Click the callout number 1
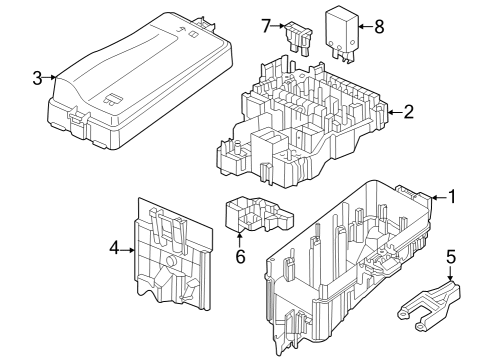[x=452, y=197]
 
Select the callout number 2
[x=409, y=112]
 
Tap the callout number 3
[x=37, y=78]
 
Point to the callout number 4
[x=114, y=248]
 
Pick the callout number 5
[x=450, y=257]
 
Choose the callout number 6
[x=240, y=257]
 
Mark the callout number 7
[x=266, y=26]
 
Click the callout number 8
[x=379, y=27]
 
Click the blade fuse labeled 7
[x=298, y=38]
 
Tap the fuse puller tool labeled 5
[x=429, y=305]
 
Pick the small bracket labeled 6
[x=259, y=214]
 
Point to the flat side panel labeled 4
[x=173, y=255]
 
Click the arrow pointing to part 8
[x=366, y=26]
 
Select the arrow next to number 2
[x=395, y=112]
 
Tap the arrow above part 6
[x=239, y=240]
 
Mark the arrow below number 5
[x=450, y=273]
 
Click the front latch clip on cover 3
[x=79, y=122]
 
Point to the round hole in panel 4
[x=171, y=261]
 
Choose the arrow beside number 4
[x=127, y=250]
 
